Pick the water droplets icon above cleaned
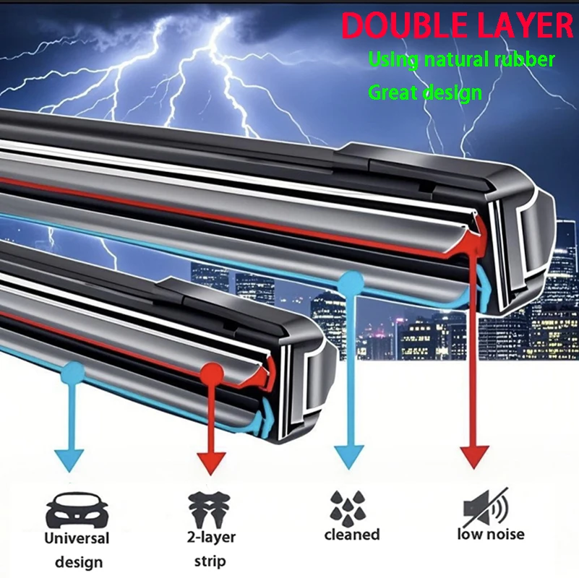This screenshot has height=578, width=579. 348,506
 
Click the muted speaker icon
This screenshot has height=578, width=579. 485,509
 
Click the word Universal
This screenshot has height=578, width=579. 77,538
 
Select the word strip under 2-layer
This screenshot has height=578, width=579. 210,561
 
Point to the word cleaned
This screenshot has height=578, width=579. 351,535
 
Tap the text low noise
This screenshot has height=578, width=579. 490,535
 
